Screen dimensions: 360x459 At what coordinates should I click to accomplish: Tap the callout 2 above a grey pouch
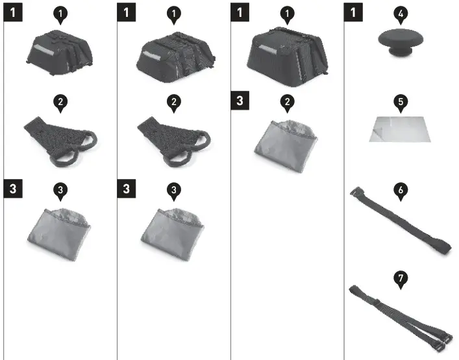pos(287,101)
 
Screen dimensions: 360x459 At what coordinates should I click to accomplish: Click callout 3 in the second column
pos(173,189)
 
